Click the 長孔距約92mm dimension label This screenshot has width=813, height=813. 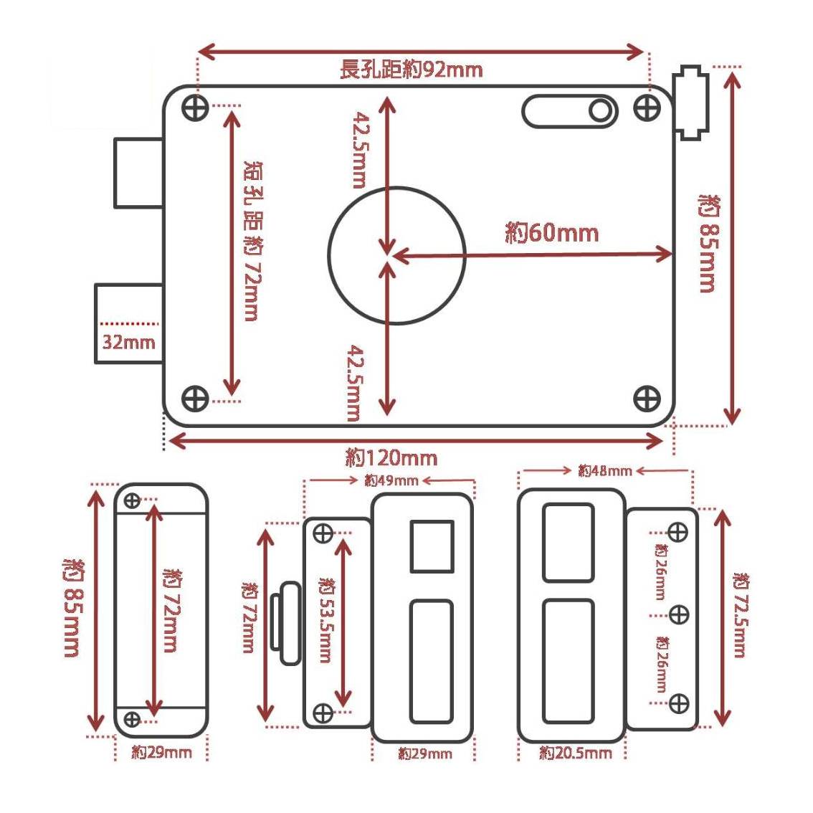pyautogui.click(x=412, y=70)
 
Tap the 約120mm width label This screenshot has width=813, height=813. pyautogui.click(x=391, y=458)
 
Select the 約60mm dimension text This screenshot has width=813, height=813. pyautogui.click(x=552, y=232)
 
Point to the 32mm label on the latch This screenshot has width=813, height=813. pyautogui.click(x=128, y=342)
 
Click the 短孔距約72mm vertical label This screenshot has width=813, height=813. pyautogui.click(x=252, y=241)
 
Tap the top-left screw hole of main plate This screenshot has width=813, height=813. pyautogui.click(x=196, y=109)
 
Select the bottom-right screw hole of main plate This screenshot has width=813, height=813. pyautogui.click(x=647, y=399)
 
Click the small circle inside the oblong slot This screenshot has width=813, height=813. pyautogui.click(x=600, y=111)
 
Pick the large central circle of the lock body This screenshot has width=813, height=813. pyautogui.click(x=396, y=256)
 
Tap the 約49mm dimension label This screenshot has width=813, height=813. pyautogui.click(x=391, y=480)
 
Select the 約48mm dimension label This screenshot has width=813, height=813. pyautogui.click(x=605, y=471)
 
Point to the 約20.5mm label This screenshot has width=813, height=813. pyautogui.click(x=576, y=753)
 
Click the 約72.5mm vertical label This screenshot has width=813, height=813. pyautogui.click(x=741, y=615)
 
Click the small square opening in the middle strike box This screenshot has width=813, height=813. pyautogui.click(x=432, y=546)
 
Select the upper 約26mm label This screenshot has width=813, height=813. pyautogui.click(x=660, y=572)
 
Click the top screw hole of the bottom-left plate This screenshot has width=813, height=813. pyautogui.click(x=132, y=500)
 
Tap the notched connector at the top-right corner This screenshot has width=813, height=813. pyautogui.click(x=690, y=102)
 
